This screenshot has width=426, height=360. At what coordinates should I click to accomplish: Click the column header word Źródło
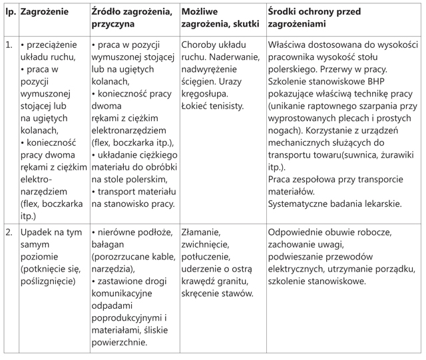[107, 12]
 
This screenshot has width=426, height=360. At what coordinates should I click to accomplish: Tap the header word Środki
[284, 12]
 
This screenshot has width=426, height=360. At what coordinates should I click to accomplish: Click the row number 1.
[9, 45]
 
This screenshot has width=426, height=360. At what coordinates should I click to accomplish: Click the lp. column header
[9, 12]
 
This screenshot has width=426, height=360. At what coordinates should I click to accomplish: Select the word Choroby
[200, 45]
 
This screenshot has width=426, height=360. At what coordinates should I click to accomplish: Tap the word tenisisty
[223, 105]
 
